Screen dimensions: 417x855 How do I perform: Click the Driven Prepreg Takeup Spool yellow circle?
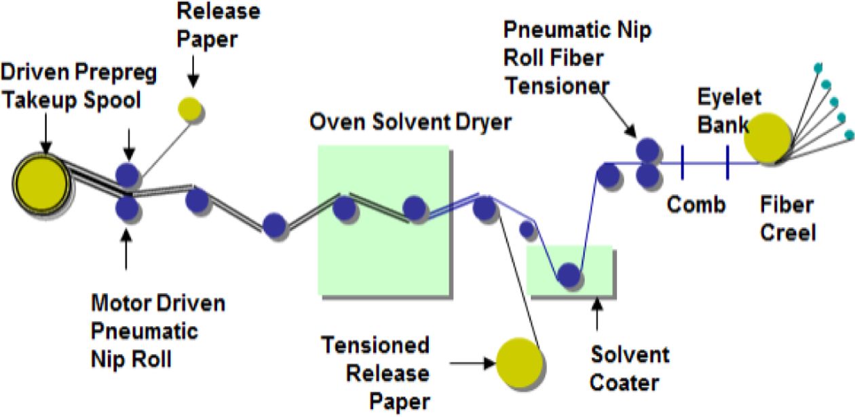coord(41,184)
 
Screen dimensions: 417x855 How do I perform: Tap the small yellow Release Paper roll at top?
coord(190,109)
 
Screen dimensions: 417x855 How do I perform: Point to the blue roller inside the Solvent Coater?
coord(568,275)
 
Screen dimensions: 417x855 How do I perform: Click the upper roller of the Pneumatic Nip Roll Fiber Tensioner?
coord(647,149)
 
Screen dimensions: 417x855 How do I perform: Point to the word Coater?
coord(624,382)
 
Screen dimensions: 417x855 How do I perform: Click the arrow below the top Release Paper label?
coord(193,72)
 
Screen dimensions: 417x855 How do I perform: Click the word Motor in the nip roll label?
coord(121,302)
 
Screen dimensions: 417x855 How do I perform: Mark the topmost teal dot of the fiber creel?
coord(818,67)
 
